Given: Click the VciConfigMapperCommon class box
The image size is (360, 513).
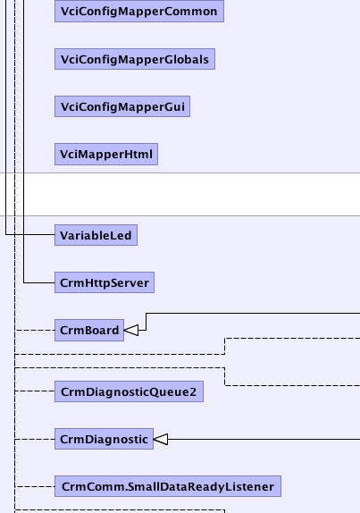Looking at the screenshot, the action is coord(139,11).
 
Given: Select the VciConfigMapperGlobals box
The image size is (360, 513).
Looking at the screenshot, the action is coord(135,59).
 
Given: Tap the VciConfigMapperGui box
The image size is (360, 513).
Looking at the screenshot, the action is coord(122,106).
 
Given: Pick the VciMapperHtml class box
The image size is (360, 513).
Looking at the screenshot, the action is coord(106,154).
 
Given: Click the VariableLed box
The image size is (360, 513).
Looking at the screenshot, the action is coord(96,235).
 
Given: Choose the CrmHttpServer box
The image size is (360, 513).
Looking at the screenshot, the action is coord(105,282).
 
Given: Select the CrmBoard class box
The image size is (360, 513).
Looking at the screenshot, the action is coord(89,330).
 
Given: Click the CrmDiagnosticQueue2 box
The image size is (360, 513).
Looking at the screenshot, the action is coord(129,391).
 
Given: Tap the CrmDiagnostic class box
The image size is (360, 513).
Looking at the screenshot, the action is coord(104,439).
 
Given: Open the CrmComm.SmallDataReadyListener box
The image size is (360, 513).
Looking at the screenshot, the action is coord(168,486).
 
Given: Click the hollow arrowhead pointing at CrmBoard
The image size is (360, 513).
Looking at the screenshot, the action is coord(131,330).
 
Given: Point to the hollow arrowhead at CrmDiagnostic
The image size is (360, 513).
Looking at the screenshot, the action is coord(161,439).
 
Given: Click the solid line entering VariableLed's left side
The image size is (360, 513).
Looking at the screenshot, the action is coord(30,234).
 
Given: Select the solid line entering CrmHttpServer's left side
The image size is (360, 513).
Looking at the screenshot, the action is coord(39,283).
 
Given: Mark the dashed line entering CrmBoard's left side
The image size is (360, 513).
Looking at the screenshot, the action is coord(35,330).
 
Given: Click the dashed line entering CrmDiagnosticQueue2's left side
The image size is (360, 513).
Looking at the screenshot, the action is coord(35,391).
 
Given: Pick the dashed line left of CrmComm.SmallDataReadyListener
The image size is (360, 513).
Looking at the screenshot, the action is coord(35,486).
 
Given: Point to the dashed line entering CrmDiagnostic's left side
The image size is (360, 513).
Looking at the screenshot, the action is coord(35,439).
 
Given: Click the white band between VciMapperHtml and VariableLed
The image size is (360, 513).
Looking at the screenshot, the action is coord(180,194).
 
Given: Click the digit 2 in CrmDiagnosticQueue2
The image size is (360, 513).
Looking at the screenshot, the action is coord(193,391).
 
